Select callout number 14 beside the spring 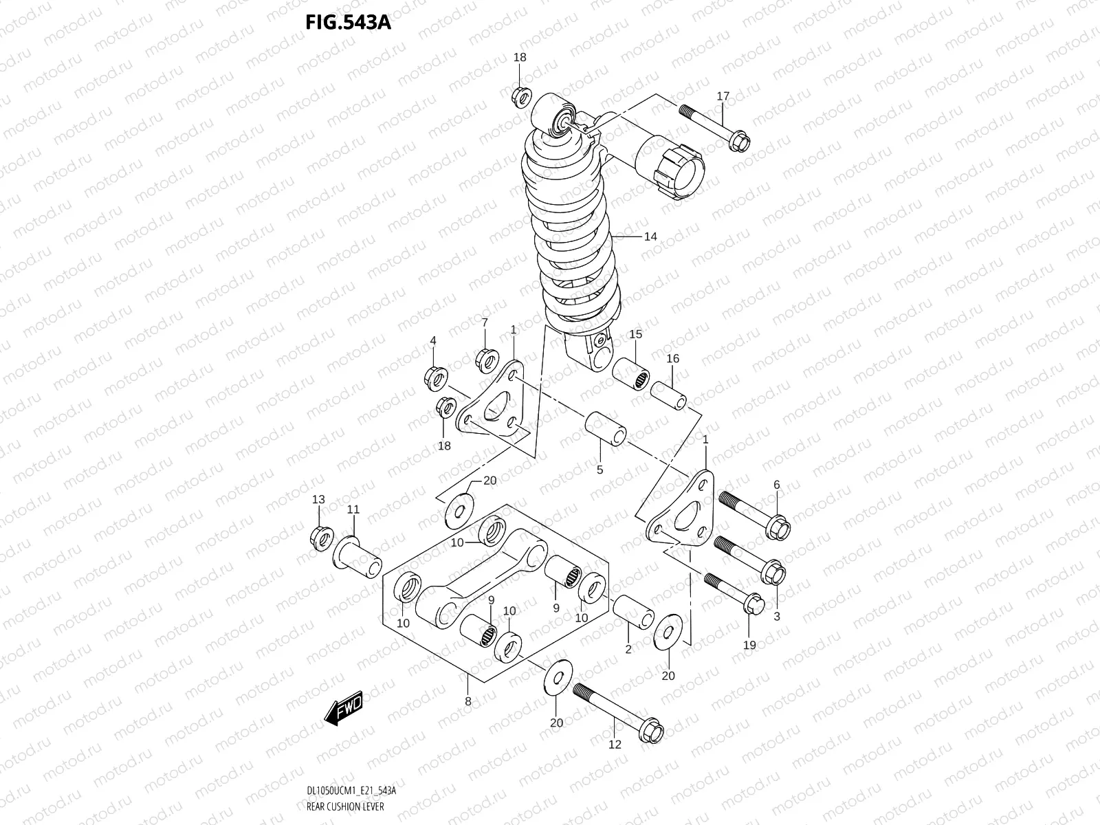pos(650,236)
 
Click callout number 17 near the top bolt pos(723,96)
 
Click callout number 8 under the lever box pos(467,702)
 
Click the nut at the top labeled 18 pos(521,96)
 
